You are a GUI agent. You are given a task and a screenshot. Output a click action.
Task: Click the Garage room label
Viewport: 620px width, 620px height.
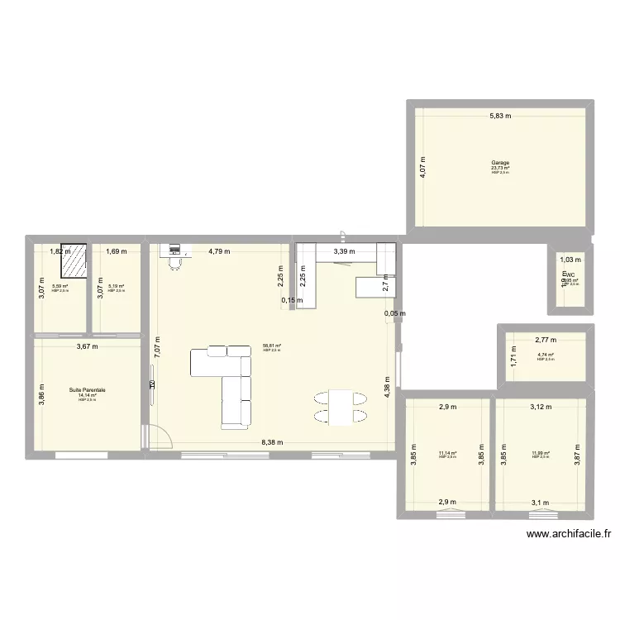tap(499, 162)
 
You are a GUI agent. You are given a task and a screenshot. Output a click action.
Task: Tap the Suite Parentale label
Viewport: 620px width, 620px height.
tap(87, 389)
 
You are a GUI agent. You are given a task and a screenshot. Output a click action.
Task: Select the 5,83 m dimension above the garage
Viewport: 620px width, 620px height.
tap(499, 117)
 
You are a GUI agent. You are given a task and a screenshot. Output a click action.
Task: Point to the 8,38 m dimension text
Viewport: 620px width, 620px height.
tap(272, 442)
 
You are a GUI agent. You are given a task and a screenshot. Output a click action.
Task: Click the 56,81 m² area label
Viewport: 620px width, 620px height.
tap(272, 346)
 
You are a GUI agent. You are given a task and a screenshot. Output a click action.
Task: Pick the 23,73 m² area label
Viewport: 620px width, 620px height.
tap(499, 168)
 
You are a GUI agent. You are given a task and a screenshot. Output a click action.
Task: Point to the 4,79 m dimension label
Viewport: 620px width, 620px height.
tap(219, 251)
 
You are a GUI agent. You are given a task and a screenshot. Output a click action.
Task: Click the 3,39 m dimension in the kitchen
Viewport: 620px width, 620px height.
tap(344, 251)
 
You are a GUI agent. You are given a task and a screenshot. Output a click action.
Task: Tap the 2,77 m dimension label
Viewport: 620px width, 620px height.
tap(546, 340)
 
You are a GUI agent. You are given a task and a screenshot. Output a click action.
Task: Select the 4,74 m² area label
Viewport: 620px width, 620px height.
tap(546, 355)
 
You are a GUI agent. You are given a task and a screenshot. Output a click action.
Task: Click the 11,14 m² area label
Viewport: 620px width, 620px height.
tap(447, 453)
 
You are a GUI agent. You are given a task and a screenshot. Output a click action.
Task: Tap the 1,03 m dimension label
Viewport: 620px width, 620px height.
tap(568, 260)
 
